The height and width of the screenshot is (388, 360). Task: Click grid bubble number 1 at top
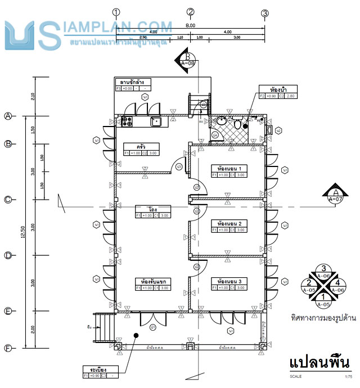coord(116,12)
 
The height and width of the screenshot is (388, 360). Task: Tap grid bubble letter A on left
coord(8,116)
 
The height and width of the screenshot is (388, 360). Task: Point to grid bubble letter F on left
coord(8,348)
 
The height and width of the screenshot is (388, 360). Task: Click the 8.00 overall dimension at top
coord(190,26)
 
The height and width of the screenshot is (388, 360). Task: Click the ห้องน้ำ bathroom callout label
coord(276,89)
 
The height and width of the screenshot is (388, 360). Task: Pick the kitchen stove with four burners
coord(126,120)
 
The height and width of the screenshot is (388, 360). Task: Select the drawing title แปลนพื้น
coord(319,362)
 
